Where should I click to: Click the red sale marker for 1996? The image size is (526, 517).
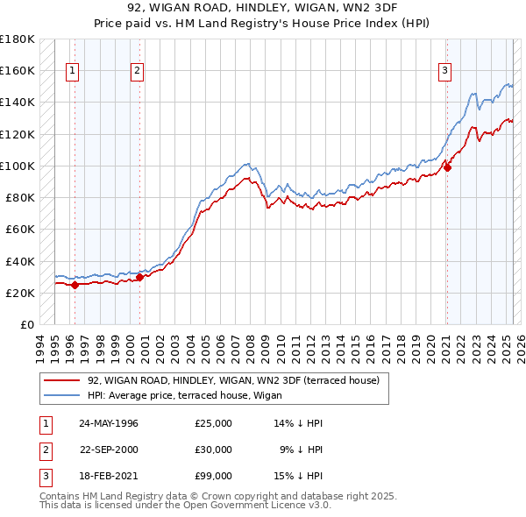pyautogui.click(x=75, y=285)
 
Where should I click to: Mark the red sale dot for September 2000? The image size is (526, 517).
pyautogui.click(x=139, y=277)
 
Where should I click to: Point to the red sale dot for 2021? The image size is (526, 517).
pyautogui.click(x=446, y=167)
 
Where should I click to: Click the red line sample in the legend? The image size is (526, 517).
pyautogui.click(x=61, y=380)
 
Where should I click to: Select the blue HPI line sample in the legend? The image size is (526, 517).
pyautogui.click(x=61, y=395)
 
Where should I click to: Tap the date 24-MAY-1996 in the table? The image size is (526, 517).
pyautogui.click(x=109, y=423)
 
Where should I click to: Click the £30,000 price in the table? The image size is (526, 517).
pyautogui.click(x=214, y=450)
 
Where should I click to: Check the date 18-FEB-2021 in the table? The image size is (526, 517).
pyautogui.click(x=109, y=476)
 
